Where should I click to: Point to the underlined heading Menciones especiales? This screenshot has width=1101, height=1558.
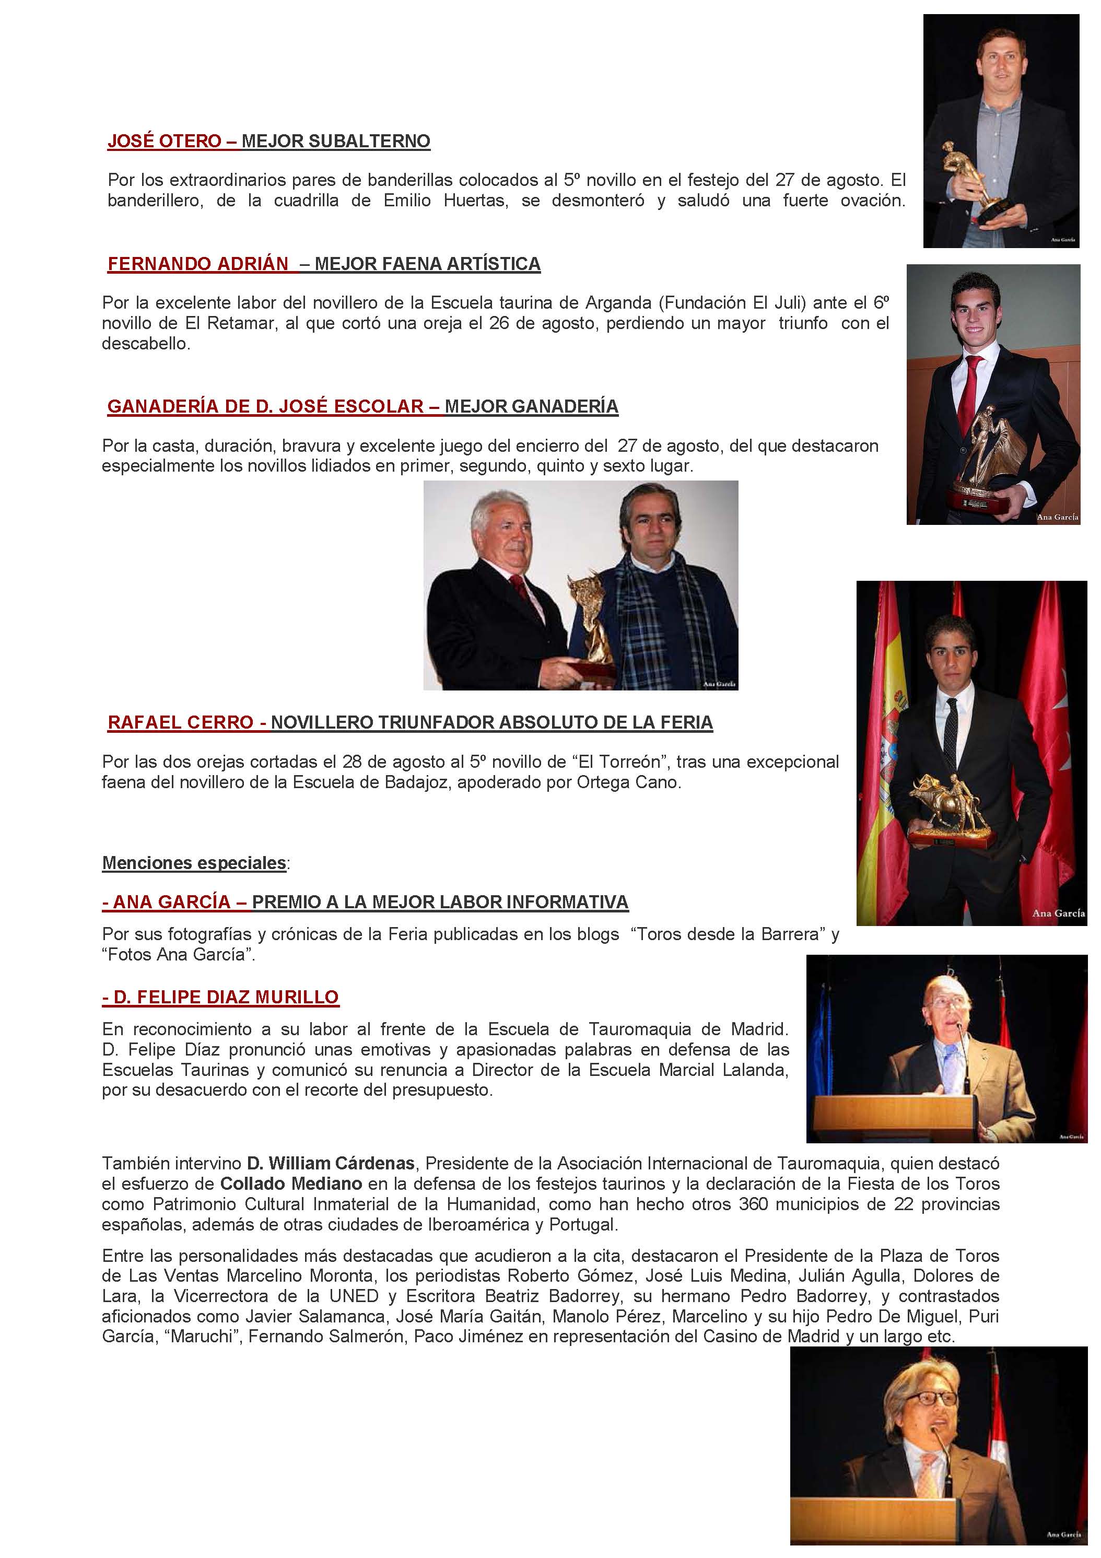(x=194, y=863)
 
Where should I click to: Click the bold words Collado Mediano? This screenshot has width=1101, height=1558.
(x=291, y=1184)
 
